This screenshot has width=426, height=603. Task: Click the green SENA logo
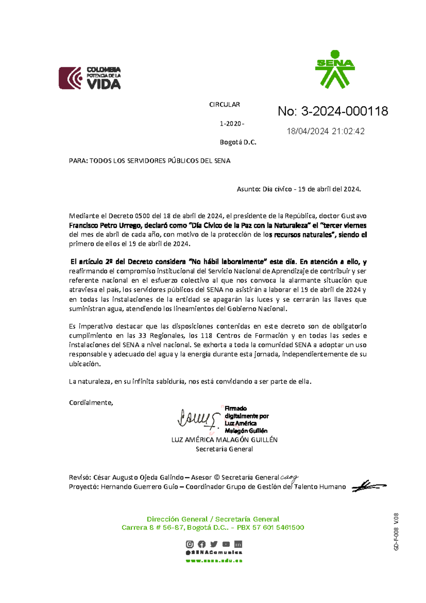coord(335,70)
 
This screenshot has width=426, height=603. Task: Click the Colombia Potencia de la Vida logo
coord(90,78)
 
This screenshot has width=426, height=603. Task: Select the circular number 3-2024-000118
coord(344,111)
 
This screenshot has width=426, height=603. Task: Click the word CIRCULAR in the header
coord(224,105)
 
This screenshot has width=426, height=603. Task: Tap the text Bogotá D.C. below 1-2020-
coord(238,143)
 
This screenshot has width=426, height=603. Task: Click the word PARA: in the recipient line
coord(78,161)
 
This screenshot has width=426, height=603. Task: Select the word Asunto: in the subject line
coord(248,189)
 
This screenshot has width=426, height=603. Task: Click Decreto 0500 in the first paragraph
coord(129,216)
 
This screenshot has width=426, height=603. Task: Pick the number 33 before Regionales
coord(142,336)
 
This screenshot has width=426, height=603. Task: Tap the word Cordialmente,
coord(91,403)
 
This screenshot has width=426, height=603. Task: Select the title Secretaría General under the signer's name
coord(224,449)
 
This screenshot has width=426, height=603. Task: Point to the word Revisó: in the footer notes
coord(80,477)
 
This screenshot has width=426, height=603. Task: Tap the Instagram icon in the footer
coord(190,544)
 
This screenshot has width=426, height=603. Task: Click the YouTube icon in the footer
coord(226,544)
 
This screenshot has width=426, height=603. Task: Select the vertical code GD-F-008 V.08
coord(396,532)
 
